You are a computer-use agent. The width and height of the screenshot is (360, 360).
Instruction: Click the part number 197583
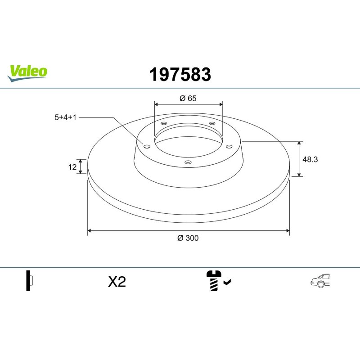(180, 75)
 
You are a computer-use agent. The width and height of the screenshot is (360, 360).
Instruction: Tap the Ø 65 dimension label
(188, 99)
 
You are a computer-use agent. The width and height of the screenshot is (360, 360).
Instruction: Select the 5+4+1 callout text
(63, 117)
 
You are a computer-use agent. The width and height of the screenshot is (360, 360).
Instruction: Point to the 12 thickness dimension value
(72, 167)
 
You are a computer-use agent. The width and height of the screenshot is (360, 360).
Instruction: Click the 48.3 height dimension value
(311, 159)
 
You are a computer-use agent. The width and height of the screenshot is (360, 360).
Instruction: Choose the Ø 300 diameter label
(188, 238)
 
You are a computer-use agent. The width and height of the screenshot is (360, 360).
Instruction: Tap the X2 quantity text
(117, 282)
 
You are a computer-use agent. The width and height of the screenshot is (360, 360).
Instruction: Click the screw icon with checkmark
(218, 281)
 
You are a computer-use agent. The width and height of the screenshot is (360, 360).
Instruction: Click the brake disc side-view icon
(29, 281)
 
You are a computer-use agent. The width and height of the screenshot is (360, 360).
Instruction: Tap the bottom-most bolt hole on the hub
(188, 162)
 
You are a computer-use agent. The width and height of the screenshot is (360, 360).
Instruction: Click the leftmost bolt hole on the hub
(147, 146)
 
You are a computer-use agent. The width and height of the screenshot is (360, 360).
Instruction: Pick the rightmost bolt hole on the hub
(229, 146)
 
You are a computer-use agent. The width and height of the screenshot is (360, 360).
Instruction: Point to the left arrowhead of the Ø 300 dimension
(89, 230)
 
